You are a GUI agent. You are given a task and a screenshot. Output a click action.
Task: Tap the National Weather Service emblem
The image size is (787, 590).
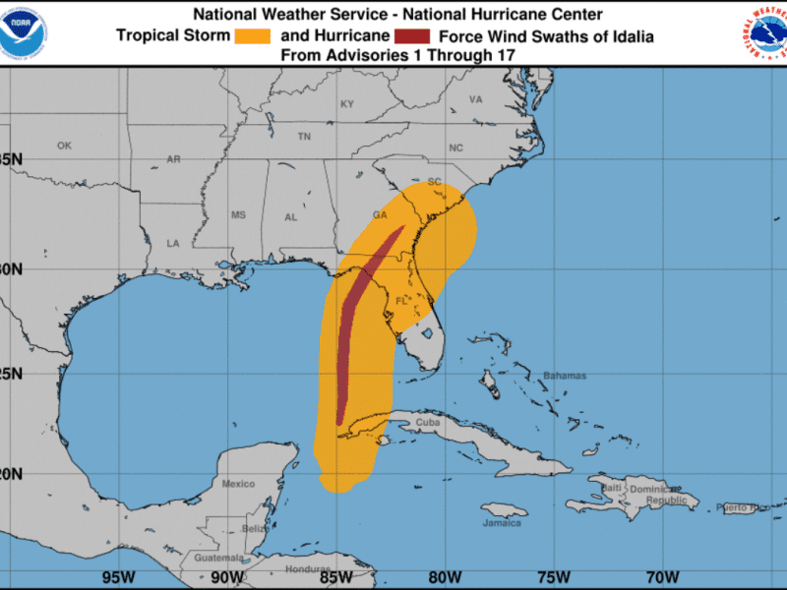coord(764,31)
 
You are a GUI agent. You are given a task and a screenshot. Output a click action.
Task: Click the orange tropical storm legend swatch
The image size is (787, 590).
coord(253,35)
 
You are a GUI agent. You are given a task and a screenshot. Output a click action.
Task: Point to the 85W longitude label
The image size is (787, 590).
coord(335,577)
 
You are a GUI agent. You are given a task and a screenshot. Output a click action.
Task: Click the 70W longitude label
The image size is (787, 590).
coord(663,577)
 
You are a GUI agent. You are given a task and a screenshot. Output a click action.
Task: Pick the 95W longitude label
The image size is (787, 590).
coord(118,577)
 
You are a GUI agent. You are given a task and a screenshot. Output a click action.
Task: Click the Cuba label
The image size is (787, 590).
coord(428,423)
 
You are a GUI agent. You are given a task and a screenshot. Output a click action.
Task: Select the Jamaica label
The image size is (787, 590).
coord(502,522)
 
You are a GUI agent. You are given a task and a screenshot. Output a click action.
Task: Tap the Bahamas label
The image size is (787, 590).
coord(565,376)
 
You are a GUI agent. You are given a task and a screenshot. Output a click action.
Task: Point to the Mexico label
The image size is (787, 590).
coord(238,484)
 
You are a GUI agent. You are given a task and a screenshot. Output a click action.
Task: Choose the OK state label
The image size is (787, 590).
coord(64,146)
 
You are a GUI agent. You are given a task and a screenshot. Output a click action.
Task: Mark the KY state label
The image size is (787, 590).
coord(347,104)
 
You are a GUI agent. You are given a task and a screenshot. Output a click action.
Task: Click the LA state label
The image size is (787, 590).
coord(173,243)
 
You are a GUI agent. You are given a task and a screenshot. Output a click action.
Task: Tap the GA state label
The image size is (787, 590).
coord(380,214)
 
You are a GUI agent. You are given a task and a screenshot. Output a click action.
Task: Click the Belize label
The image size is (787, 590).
coord(256,528)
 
